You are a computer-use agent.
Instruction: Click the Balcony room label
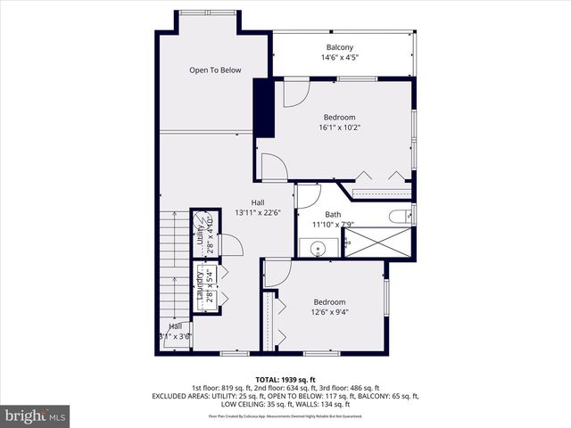(339, 47)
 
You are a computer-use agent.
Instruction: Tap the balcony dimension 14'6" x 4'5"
(339, 58)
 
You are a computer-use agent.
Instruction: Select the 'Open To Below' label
(215, 70)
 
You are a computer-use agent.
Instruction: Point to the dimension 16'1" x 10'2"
(339, 128)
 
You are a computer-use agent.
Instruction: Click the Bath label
(333, 214)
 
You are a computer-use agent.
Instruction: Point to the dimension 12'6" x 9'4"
(328, 312)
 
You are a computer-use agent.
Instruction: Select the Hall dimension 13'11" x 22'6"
(257, 213)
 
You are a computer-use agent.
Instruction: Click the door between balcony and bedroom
(296, 93)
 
